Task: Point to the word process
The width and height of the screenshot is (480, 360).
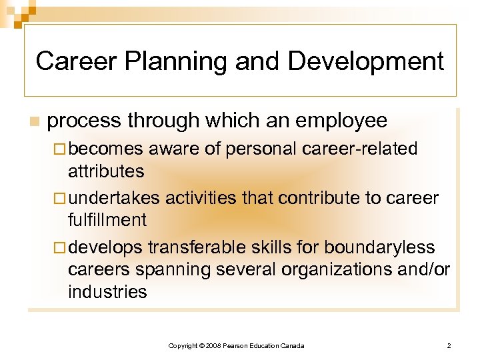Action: pyautogui.click(x=84, y=121)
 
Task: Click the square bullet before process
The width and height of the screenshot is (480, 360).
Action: pyautogui.click(x=33, y=121)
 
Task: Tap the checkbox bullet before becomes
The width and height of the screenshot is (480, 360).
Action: pyautogui.click(x=60, y=149)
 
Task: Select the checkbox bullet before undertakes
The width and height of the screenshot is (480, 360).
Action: pyautogui.click(x=60, y=198)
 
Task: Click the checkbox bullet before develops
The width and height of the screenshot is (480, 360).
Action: pyautogui.click(x=60, y=247)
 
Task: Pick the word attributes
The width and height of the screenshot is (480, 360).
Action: pyautogui.click(x=106, y=171)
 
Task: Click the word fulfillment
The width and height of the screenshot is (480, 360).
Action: pyautogui.click(x=107, y=220)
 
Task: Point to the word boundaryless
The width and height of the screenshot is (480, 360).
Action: pyautogui.click(x=379, y=247)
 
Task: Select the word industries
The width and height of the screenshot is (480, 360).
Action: pyautogui.click(x=107, y=291)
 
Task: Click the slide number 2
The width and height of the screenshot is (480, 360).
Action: pyautogui.click(x=449, y=345)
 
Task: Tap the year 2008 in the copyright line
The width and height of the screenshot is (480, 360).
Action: pyautogui.click(x=213, y=345)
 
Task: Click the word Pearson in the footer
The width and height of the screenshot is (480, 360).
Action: pyautogui.click(x=237, y=345)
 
